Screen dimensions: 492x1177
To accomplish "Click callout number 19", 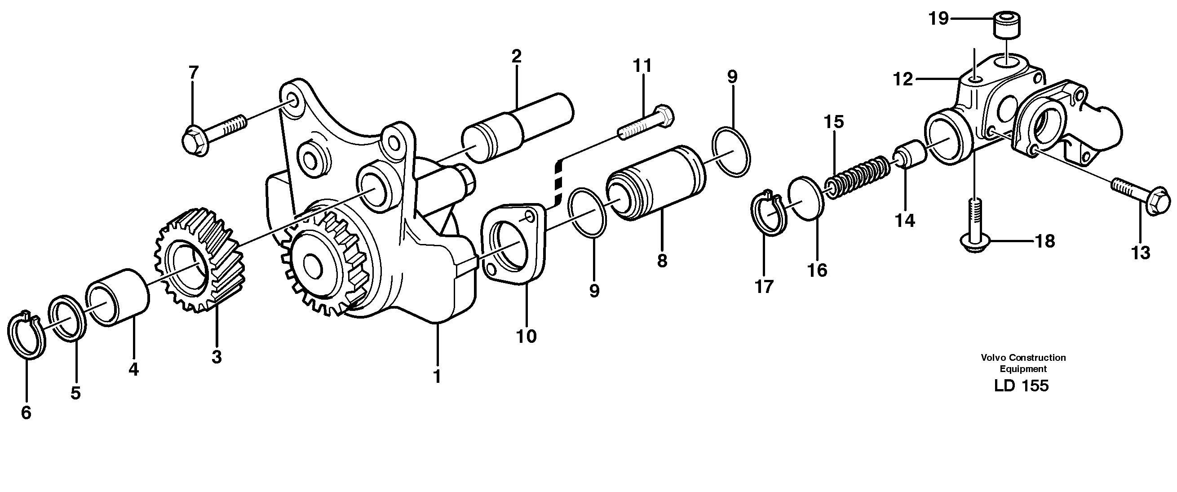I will click(x=938, y=19).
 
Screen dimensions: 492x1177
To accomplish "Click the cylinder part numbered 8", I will click(x=656, y=183).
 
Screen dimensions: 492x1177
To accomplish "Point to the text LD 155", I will click(x=1021, y=386).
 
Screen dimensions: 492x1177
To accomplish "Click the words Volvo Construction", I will click(x=1022, y=358).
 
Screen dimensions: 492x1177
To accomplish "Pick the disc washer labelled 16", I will click(x=806, y=199).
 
